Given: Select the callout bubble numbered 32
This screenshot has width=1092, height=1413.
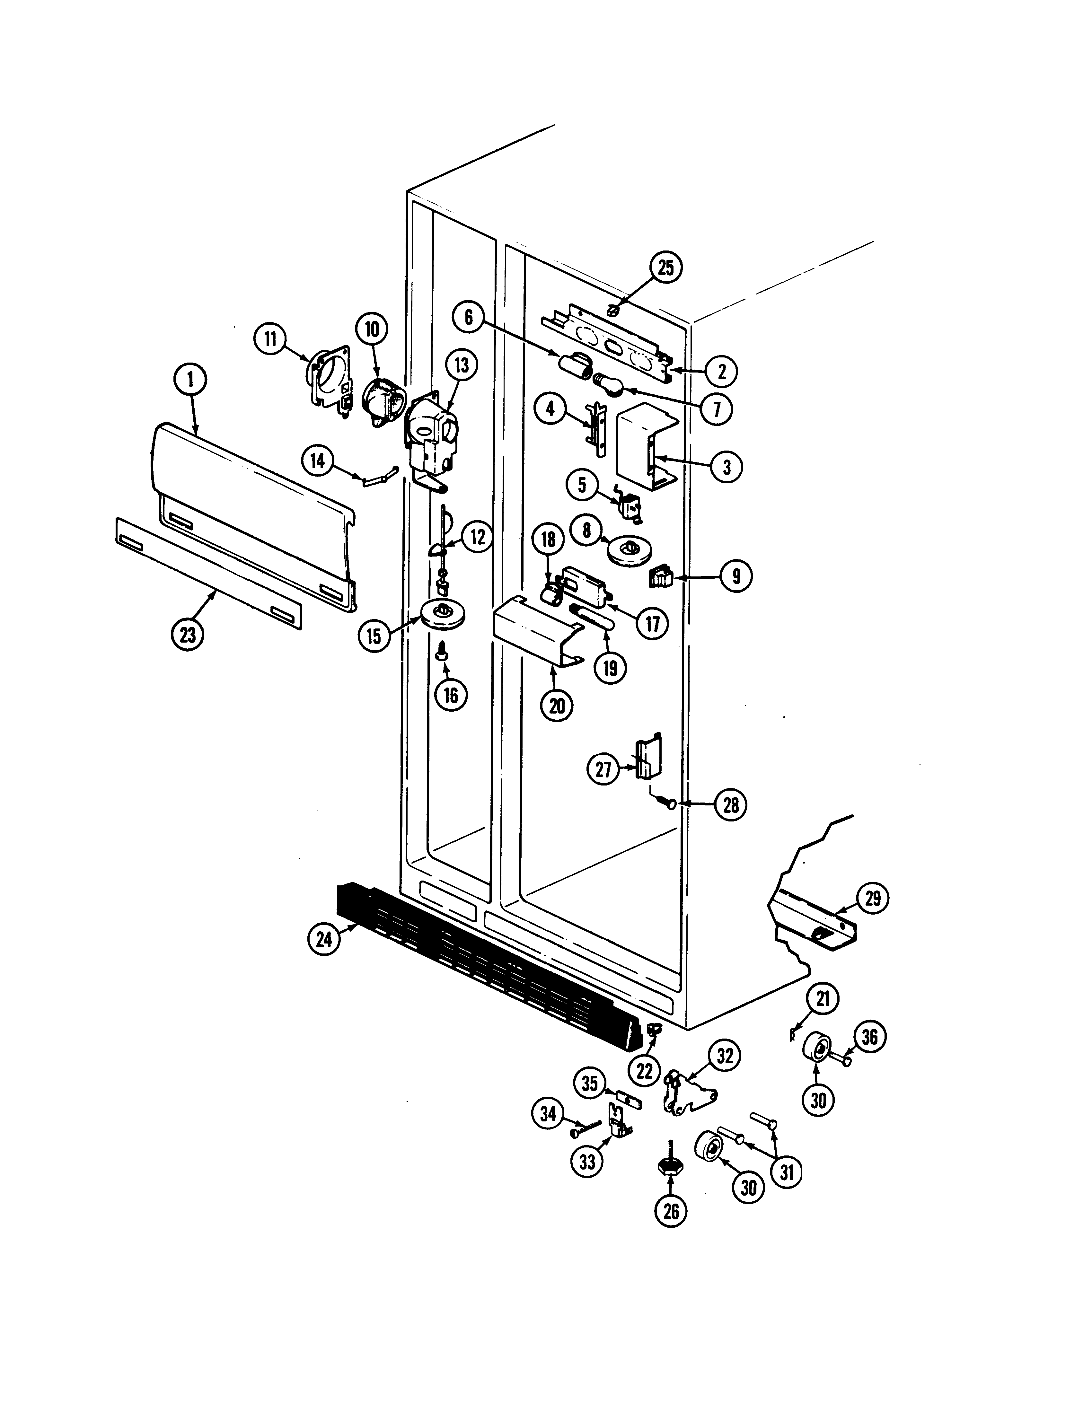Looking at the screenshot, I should [725, 1057].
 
